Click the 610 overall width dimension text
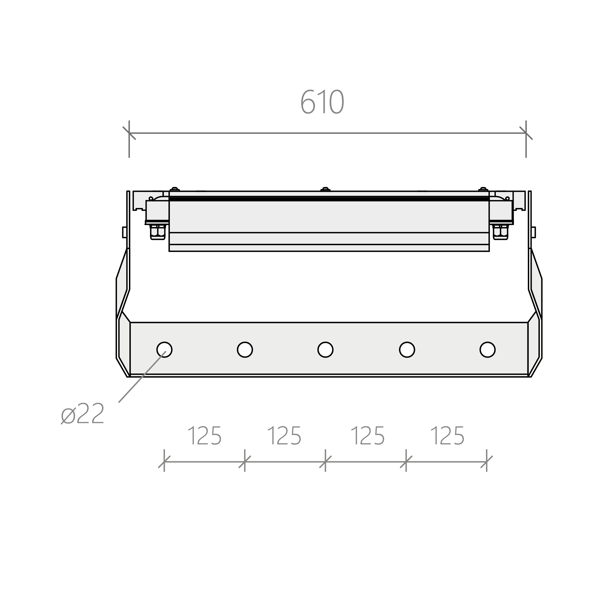coord(322,102)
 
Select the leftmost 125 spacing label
coord(205,436)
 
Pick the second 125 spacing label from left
coord(284,436)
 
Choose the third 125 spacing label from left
coord(368,436)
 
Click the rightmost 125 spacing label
coord(447,436)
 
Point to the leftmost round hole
coord(164,350)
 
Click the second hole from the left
coord(245,350)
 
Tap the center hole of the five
coord(326,350)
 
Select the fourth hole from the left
coord(407,350)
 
